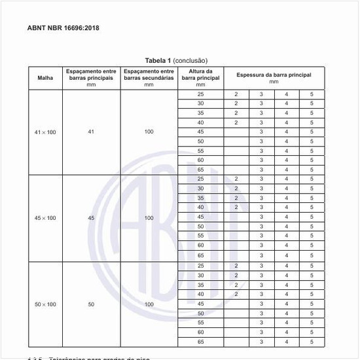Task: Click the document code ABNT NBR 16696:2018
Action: pyautogui.click(x=63, y=28)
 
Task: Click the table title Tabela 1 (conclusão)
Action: pyautogui.click(x=180, y=61)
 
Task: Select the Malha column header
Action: pyautogui.click(x=45, y=78)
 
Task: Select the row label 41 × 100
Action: pyautogui.click(x=45, y=132)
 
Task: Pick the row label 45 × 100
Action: pyautogui.click(x=45, y=218)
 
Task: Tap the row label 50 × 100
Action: pyautogui.click(x=45, y=304)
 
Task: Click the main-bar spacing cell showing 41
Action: pyautogui.click(x=91, y=132)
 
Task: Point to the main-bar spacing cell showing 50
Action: pyautogui.click(x=91, y=304)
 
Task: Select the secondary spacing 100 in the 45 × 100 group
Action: pyautogui.click(x=149, y=218)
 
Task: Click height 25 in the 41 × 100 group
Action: pyautogui.click(x=200, y=94)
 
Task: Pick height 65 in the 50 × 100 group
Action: pyautogui.click(x=200, y=342)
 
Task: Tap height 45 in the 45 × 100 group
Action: pyautogui.click(x=200, y=217)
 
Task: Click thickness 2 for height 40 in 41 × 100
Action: pyautogui.click(x=236, y=122)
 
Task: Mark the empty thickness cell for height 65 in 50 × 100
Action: pyautogui.click(x=236, y=342)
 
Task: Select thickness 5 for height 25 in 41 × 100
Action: pyautogui.click(x=312, y=94)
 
